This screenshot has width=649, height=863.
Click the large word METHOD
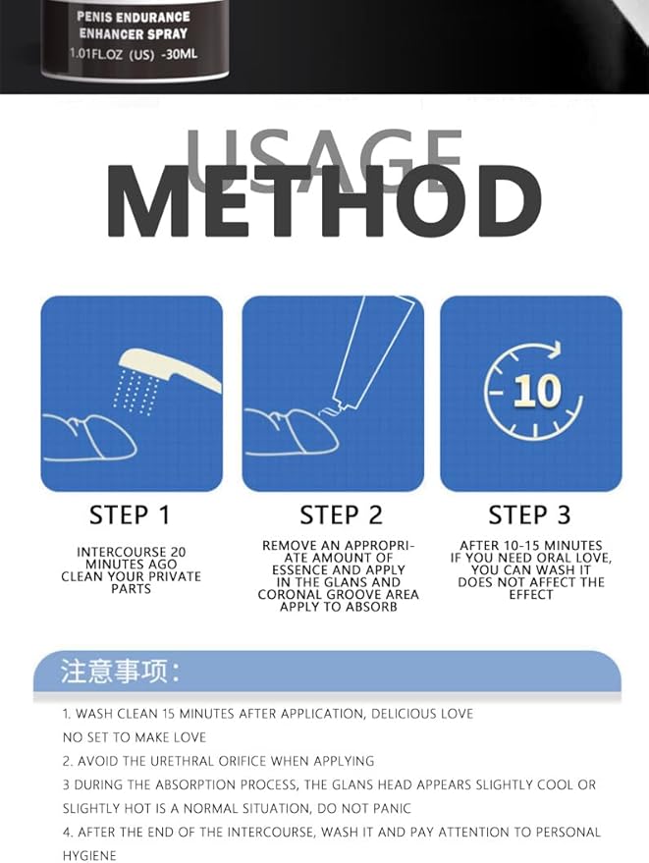coord(324,204)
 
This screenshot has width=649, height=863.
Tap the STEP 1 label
coord(130,514)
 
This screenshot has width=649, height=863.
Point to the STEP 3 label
coord(530,514)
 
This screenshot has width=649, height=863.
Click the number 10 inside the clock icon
coord(535,392)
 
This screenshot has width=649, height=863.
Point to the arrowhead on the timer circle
coord(556,349)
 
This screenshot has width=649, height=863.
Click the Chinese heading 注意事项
coord(121,672)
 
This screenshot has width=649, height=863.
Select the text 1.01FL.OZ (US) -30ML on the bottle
coord(134,53)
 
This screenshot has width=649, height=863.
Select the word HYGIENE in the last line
coord(89,855)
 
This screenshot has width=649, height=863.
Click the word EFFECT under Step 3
coord(531,595)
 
